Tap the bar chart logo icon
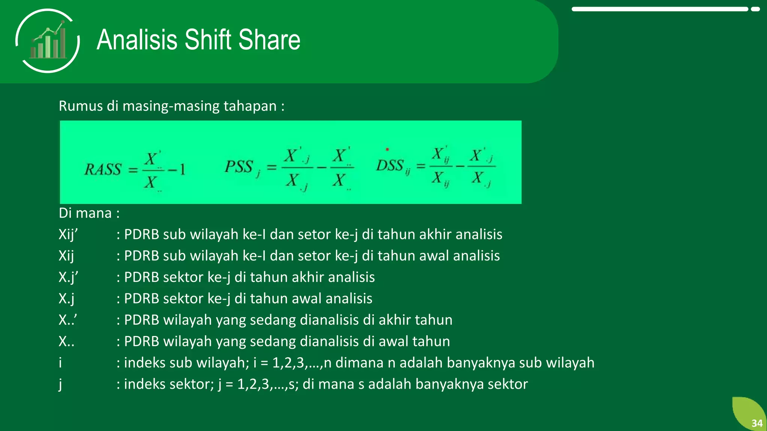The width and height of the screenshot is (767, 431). (48, 41)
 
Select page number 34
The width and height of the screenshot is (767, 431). (757, 423)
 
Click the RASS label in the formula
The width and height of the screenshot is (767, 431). (103, 169)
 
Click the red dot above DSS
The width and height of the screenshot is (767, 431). (387, 150)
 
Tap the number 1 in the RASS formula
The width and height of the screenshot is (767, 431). (182, 170)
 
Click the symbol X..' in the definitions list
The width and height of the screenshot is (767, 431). (68, 320)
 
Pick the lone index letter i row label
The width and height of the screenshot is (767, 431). (60, 363)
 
